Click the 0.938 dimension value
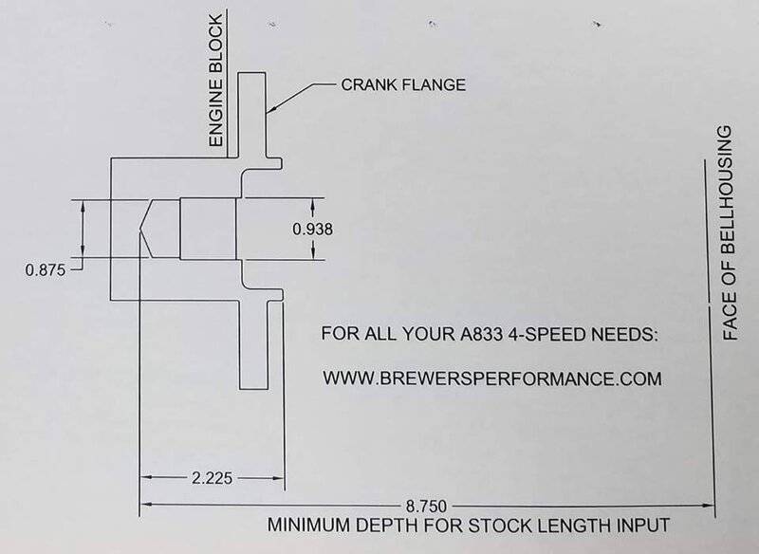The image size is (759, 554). coord(313,229)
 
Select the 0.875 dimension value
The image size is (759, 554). coord(45,270)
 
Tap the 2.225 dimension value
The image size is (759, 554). coord(212,478)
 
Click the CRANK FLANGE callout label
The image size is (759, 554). coord(403,84)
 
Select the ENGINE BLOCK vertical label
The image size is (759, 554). coord(216,80)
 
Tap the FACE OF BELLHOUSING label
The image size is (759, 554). coord(730,232)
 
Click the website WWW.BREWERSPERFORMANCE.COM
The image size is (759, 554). coord(492,378)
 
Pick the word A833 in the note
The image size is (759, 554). coord(479,334)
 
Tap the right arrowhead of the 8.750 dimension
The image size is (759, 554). coord(708,507)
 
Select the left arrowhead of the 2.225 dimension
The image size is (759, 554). coord(147,478)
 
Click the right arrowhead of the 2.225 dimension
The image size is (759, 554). coord(277,478)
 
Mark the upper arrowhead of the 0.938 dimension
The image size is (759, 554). coord(313,205)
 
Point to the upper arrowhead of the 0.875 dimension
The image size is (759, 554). coord(83,207)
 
